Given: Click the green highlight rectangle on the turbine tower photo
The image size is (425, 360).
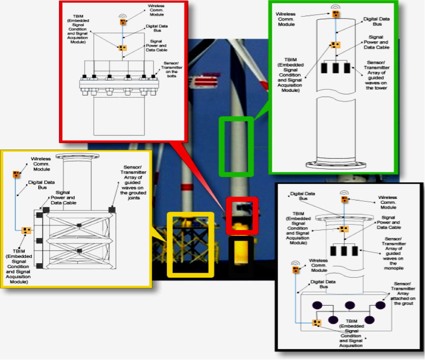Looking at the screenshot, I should tap(236, 145).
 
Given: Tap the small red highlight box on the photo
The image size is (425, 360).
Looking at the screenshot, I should tap(242, 215).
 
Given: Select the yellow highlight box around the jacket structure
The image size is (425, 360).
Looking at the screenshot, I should tap(190, 244).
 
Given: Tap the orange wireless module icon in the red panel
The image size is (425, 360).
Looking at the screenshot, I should tap(122, 21).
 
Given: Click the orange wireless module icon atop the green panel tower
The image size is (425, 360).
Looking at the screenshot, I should tap(336, 14).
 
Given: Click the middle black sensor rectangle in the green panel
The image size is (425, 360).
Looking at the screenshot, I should tap(335, 68).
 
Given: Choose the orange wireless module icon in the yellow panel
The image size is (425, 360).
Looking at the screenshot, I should tap(16, 174).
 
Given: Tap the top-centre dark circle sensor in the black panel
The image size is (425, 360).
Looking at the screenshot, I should tap(350, 305).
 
